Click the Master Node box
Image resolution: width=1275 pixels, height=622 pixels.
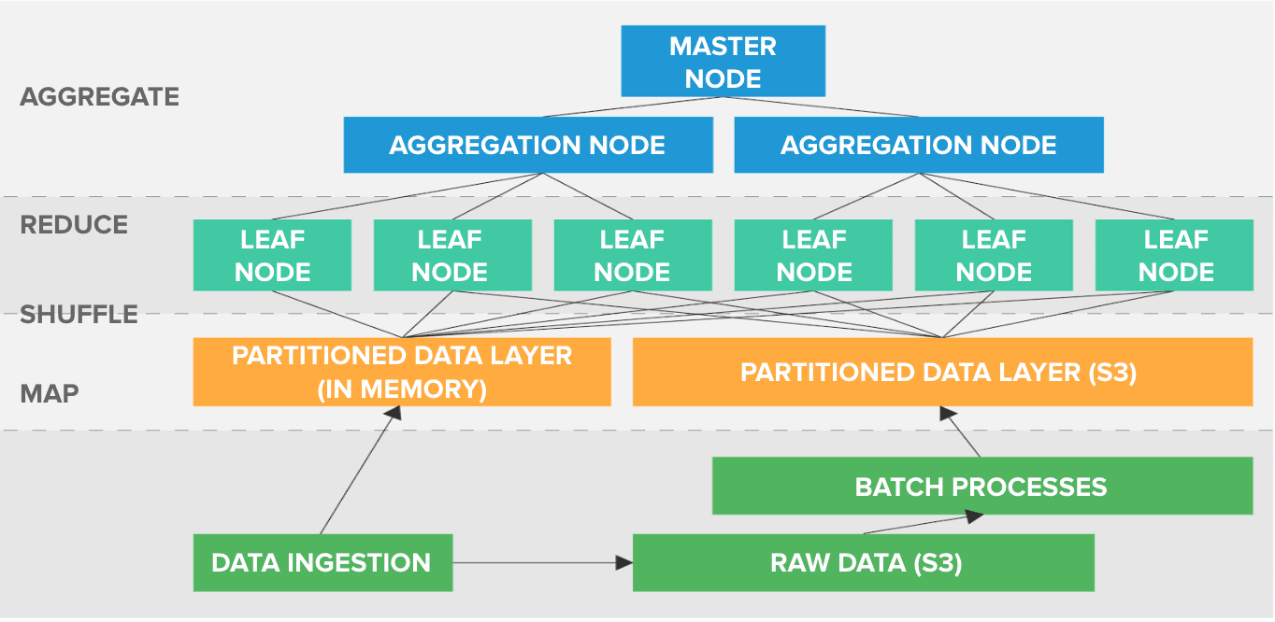coord(723,62)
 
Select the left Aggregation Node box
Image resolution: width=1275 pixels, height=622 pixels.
coord(527,145)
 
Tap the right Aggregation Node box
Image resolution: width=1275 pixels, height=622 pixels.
coord(918,145)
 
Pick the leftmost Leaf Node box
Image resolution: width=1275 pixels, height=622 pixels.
coord(272,255)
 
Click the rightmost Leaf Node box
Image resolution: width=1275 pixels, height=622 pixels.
coord(1175,255)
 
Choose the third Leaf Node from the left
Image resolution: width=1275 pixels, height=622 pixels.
coord(632,255)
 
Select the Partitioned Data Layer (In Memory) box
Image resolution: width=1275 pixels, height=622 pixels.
coord(402,372)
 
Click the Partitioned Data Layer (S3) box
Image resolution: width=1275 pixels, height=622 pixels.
coord(942,372)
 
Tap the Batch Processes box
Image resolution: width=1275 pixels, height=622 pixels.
coord(981,486)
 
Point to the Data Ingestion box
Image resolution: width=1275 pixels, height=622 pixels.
coord(322,562)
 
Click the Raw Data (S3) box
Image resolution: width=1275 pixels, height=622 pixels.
coord(864,562)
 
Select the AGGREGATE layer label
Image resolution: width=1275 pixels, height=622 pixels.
coord(100,97)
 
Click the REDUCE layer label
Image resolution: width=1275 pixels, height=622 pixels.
coord(74,225)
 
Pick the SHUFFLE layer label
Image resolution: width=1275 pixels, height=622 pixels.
coord(79,315)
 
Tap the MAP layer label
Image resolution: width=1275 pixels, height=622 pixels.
coord(50,393)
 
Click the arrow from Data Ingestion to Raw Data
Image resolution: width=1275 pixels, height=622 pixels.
coord(542,563)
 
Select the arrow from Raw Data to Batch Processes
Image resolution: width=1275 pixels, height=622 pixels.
coord(921,524)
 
